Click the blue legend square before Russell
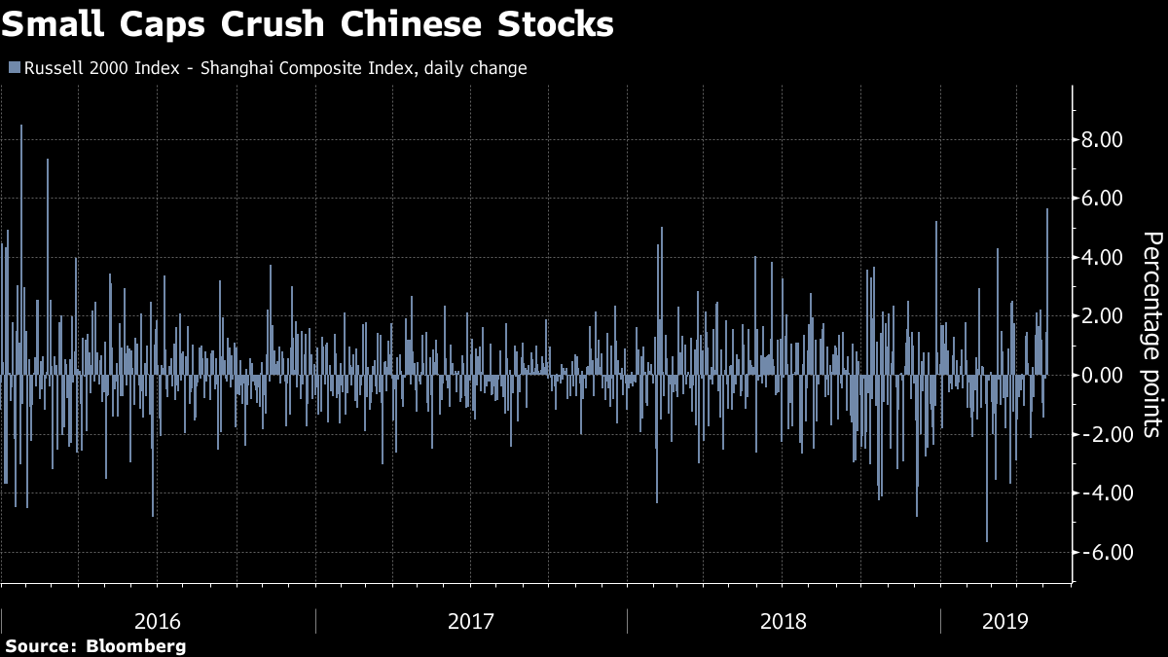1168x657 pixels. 13,68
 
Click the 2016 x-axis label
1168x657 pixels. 158,620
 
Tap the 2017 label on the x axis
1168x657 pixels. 471,620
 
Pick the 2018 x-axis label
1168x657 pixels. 784,620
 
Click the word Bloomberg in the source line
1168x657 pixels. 136,646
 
